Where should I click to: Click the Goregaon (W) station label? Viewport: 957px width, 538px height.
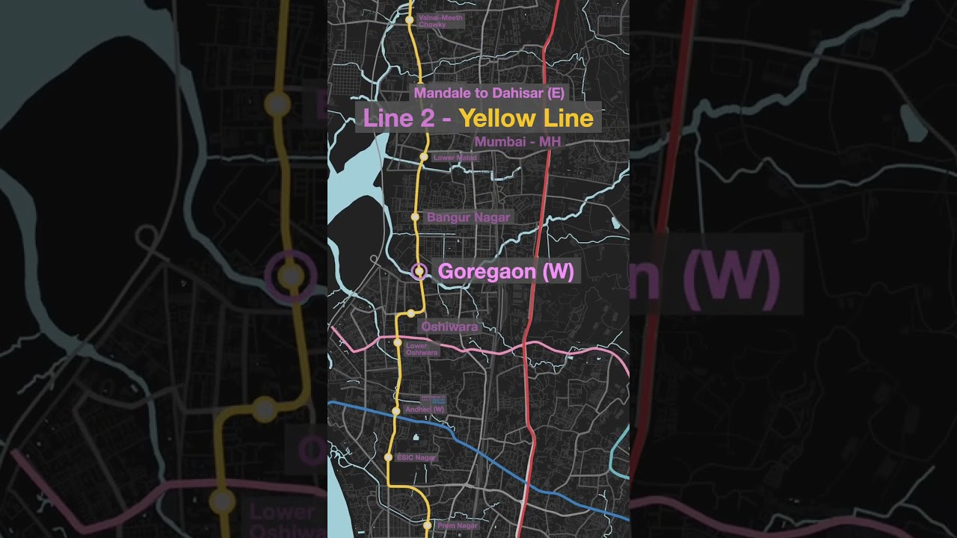[505, 271]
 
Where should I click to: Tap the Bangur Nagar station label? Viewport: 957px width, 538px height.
[468, 217]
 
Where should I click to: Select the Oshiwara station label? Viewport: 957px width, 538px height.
[449, 327]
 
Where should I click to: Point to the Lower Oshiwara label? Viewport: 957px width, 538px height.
[421, 349]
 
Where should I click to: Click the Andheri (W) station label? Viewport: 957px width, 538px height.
[424, 409]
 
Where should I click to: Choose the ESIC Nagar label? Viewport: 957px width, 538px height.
[416, 457]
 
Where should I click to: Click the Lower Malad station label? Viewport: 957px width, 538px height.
[455, 158]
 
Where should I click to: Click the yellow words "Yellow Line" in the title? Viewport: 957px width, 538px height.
[526, 118]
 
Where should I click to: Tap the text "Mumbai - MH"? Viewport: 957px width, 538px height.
[517, 142]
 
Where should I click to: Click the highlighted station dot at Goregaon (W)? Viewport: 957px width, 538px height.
[419, 271]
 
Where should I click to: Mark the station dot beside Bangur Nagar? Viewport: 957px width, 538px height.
[416, 217]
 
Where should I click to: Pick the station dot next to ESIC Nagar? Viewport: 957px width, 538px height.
[388, 457]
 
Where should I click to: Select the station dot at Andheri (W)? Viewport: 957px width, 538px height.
[396, 411]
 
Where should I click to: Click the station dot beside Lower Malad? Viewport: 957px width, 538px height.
[423, 157]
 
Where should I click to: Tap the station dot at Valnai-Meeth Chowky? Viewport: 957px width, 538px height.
[410, 20]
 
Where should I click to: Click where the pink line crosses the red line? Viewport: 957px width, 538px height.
[526, 344]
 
